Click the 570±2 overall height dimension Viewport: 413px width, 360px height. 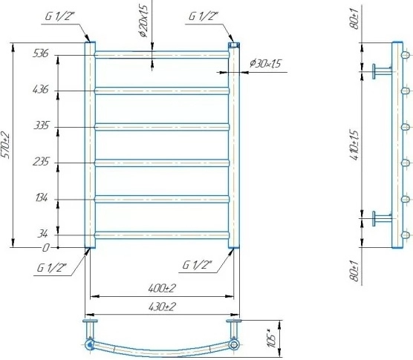click(x=5, y=145)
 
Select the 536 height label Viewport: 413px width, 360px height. click(x=41, y=53)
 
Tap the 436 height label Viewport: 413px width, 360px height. click(x=41, y=90)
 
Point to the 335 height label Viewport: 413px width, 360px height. click(x=42, y=125)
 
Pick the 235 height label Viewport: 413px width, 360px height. click(x=41, y=161)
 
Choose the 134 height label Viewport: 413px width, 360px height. click(x=42, y=197)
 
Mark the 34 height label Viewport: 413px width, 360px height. click(x=42, y=233)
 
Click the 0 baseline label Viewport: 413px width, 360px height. click(x=46, y=248)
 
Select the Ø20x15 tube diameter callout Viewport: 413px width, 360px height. click(x=144, y=21)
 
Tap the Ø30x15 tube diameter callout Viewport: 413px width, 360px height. click(x=265, y=63)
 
